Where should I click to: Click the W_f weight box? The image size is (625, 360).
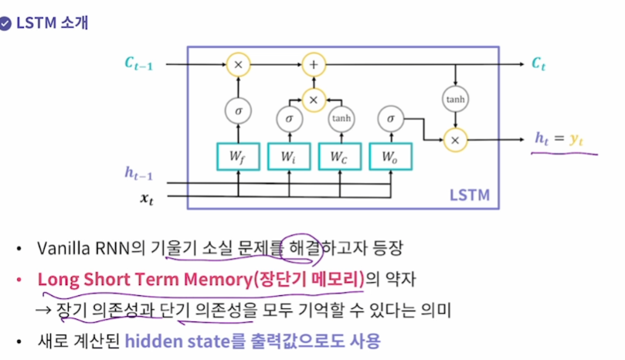pyautogui.click(x=238, y=157)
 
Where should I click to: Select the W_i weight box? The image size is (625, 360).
pyautogui.click(x=289, y=157)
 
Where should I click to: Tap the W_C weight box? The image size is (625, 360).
pyautogui.click(x=340, y=157)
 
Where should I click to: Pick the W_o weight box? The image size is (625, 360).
pyautogui.click(x=391, y=157)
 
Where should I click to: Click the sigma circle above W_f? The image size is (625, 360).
pyautogui.click(x=238, y=110)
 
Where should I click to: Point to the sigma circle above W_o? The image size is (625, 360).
pyautogui.click(x=391, y=119)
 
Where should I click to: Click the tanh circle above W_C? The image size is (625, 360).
pyautogui.click(x=340, y=119)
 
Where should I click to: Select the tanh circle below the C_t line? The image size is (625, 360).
pyautogui.click(x=454, y=99)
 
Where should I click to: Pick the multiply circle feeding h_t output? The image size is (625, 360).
pyautogui.click(x=454, y=139)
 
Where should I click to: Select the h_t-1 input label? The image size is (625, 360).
pyautogui.click(x=139, y=173)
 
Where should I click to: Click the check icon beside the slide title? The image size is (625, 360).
pyautogui.click(x=6, y=22)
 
